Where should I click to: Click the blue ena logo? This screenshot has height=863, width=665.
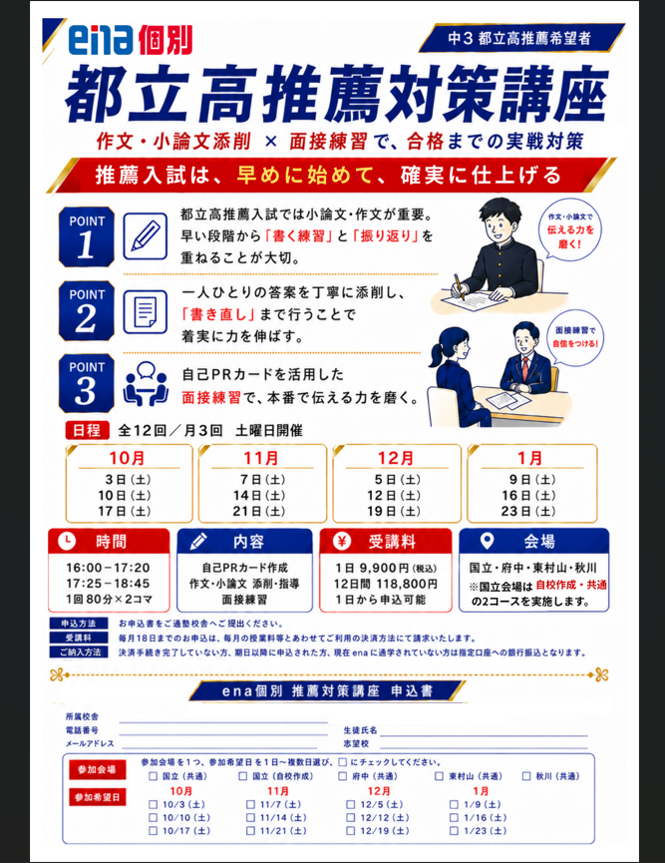click(x=101, y=40)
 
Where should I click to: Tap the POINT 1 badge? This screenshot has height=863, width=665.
click(x=87, y=236)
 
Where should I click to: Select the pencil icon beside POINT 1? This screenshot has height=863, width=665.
click(x=146, y=236)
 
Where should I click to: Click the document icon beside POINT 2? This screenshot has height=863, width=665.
click(x=146, y=311)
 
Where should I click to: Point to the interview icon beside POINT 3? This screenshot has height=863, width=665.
click(x=146, y=384)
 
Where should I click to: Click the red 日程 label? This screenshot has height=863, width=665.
click(x=87, y=430)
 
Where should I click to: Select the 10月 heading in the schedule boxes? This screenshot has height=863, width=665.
click(x=127, y=458)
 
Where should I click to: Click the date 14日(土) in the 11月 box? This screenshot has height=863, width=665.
click(x=259, y=495)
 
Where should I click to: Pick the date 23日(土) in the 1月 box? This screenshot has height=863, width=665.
click(x=528, y=511)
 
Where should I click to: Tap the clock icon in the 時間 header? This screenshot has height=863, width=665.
click(x=67, y=541)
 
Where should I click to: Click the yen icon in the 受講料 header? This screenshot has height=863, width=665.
click(x=342, y=541)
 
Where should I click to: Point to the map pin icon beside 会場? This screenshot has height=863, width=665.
click(x=487, y=541)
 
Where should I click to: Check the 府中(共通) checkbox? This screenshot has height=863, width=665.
click(x=343, y=776)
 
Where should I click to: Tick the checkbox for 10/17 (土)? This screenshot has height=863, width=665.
click(x=153, y=830)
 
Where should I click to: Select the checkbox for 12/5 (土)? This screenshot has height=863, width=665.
click(x=350, y=804)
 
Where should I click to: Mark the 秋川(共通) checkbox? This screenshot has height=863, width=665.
click(x=526, y=776)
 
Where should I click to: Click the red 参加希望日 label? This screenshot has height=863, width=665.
click(x=98, y=797)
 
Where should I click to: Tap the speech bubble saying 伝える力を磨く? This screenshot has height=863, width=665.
click(x=570, y=230)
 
